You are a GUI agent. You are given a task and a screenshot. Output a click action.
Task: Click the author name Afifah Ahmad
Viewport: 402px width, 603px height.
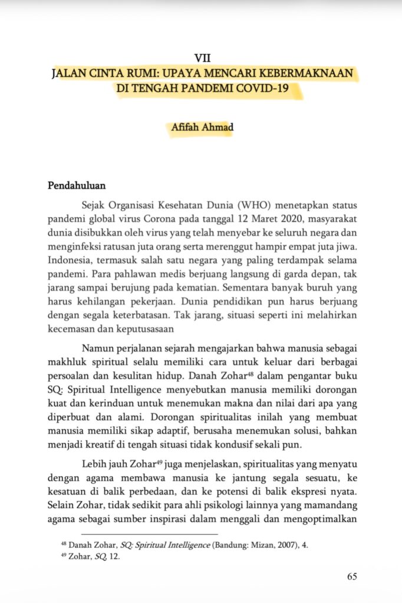pos(202,127)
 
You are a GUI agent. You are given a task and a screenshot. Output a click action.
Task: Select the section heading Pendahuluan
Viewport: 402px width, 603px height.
pos(76,186)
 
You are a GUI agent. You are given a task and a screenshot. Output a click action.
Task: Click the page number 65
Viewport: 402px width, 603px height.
pos(352,577)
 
